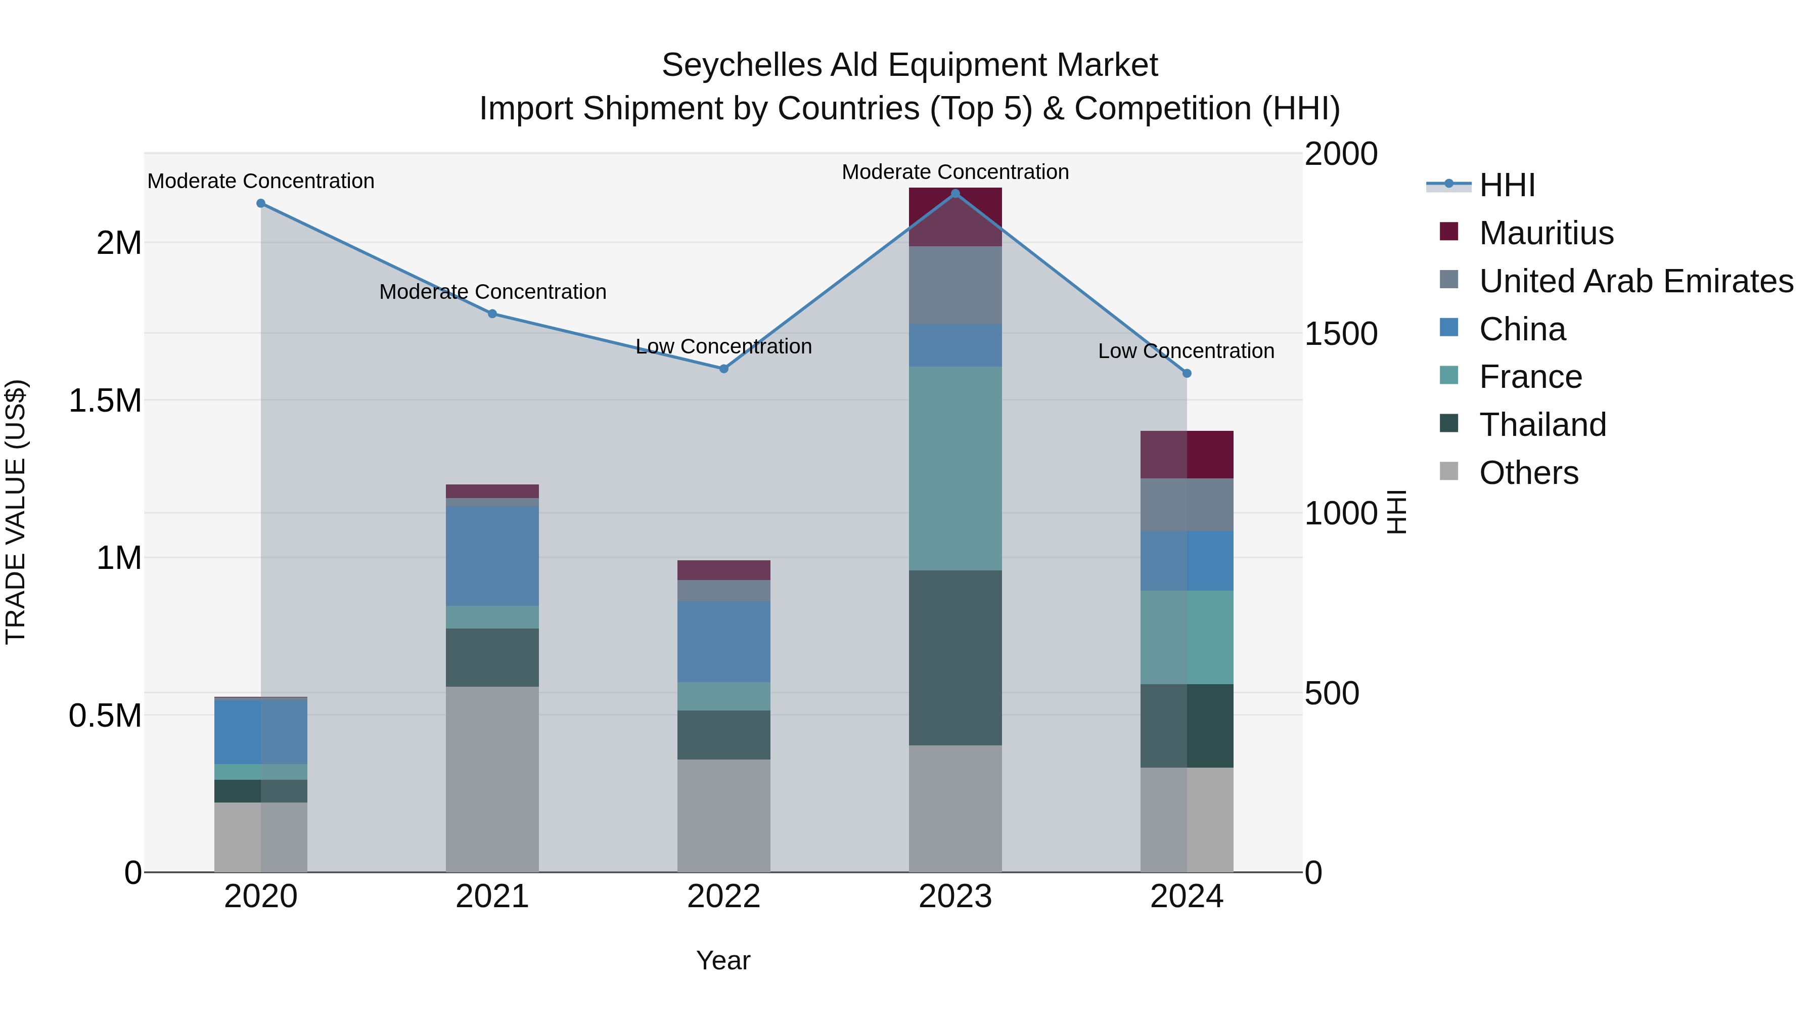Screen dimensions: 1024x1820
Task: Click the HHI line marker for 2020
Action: click(261, 203)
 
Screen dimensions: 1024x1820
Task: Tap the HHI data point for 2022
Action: click(723, 369)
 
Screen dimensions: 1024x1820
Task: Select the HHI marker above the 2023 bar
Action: click(955, 194)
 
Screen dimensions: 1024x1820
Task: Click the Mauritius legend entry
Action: click(1546, 233)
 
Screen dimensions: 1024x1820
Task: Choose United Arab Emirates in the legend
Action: click(1635, 281)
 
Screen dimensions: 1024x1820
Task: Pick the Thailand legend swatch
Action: click(1449, 424)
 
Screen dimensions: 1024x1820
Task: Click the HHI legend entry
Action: click(1507, 185)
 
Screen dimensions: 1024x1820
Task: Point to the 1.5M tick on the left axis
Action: click(105, 400)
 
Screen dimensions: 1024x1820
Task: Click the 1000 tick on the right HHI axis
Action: click(1340, 513)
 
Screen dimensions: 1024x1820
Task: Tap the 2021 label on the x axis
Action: click(492, 897)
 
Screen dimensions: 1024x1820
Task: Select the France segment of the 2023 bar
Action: click(955, 469)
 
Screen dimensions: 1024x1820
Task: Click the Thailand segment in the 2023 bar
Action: click(955, 657)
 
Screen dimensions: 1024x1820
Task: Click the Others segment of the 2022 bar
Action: click(723, 816)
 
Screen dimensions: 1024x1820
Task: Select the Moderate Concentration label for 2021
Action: click(492, 292)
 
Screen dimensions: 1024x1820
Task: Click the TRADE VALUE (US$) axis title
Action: click(16, 512)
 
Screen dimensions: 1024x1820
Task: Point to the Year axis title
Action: click(723, 960)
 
